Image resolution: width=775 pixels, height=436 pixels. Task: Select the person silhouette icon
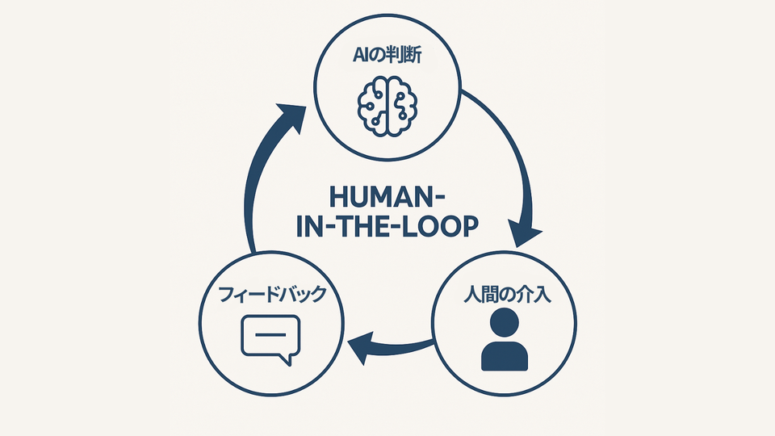(x=505, y=341)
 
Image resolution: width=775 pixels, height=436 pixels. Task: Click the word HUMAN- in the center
(x=386, y=197)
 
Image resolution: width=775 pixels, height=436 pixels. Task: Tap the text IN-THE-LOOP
(x=386, y=226)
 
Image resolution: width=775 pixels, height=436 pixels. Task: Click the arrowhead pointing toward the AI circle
(x=288, y=117)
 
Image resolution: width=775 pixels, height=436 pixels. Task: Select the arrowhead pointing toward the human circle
(x=525, y=232)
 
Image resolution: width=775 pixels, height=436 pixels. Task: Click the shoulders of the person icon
(x=505, y=355)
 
